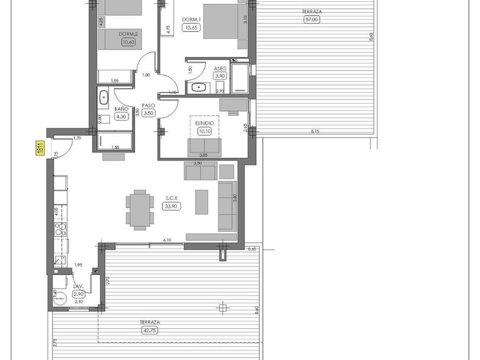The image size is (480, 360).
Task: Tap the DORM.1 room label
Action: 190,19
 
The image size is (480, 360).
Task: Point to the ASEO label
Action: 219,68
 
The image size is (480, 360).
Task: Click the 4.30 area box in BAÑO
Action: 121,116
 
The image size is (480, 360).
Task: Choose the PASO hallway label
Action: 148,106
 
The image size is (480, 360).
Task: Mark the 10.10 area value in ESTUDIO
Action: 205,131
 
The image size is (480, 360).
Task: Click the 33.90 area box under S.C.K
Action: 170,206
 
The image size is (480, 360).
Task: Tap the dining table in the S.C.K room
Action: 139,209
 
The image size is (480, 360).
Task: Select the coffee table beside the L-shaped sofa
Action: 202,202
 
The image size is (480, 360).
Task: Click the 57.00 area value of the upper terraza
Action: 311,19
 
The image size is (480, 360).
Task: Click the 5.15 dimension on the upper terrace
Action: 319,132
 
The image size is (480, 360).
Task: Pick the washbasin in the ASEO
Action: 199,87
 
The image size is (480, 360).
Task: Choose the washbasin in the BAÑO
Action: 104,97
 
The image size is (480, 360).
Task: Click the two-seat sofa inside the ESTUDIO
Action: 204,147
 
